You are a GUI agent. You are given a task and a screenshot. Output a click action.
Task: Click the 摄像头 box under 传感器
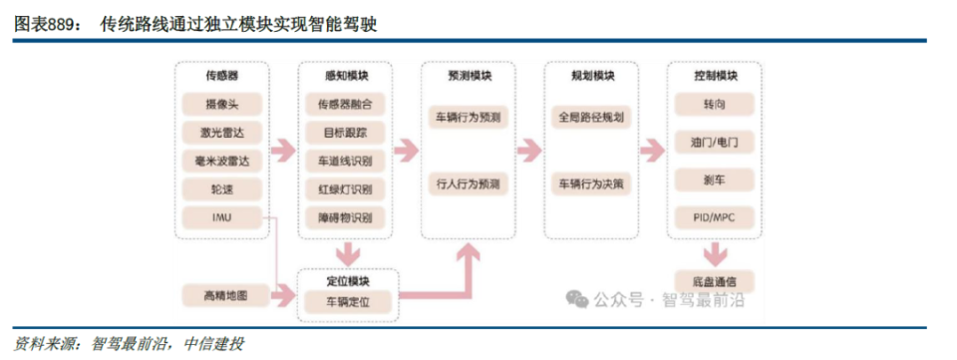(x=221, y=104)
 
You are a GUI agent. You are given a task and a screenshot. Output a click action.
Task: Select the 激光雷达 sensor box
(x=221, y=132)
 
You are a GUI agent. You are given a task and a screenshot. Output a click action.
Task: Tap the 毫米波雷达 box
(x=221, y=161)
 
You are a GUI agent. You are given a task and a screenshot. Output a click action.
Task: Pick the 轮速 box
(x=221, y=188)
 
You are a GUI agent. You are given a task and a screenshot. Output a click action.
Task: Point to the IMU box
(x=221, y=216)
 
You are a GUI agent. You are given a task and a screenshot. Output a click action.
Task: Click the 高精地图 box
(x=221, y=295)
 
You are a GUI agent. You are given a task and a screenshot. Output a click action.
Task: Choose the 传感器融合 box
(x=345, y=104)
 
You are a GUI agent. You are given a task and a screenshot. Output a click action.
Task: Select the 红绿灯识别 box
(x=345, y=188)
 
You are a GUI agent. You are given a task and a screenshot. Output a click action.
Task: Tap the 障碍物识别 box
(x=345, y=216)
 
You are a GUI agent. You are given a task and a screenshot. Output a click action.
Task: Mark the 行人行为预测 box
(x=469, y=183)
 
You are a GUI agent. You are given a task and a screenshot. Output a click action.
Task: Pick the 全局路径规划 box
(x=591, y=117)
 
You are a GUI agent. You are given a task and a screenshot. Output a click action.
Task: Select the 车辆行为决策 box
(x=591, y=183)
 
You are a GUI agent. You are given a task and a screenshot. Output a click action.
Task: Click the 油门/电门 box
(x=715, y=142)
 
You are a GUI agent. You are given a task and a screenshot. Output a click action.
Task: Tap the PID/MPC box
(x=715, y=216)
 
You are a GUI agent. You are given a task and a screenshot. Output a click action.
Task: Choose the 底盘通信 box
(x=715, y=280)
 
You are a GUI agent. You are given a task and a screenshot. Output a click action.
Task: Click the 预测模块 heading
(x=469, y=76)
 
